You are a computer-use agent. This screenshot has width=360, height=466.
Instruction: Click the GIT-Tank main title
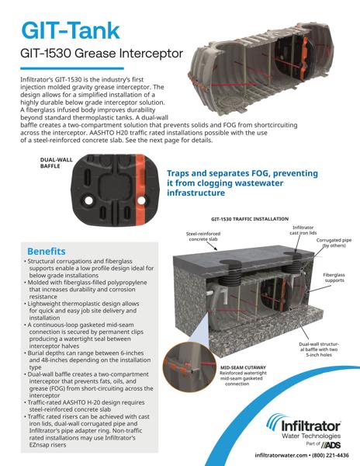71,30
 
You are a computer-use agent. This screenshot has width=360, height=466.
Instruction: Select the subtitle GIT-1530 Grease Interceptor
102,54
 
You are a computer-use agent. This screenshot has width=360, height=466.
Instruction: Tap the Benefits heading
47,251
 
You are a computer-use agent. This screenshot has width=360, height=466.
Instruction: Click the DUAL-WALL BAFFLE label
57,162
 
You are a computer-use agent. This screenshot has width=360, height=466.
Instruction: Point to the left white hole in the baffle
88,200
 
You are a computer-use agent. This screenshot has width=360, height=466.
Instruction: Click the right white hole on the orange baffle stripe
141,200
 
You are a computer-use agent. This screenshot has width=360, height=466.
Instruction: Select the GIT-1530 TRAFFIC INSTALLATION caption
250,219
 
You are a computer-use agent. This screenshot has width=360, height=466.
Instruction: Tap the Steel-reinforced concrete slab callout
203,236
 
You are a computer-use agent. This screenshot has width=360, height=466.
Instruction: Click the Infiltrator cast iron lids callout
303,230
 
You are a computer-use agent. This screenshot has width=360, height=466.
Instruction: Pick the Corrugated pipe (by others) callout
334,243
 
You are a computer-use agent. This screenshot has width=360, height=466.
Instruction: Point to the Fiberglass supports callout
334,277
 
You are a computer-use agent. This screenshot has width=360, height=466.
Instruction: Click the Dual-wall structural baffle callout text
319,349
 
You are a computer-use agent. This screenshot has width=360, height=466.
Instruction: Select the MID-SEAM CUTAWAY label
243,367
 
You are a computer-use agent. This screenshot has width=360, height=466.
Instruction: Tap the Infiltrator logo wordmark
310,426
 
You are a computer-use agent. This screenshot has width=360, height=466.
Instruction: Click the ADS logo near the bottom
331,444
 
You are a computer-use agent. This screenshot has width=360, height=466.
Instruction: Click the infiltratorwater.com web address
281,455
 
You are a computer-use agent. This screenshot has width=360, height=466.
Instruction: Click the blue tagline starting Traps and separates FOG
242,183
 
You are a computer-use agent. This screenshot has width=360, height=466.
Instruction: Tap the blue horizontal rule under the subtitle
72,68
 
